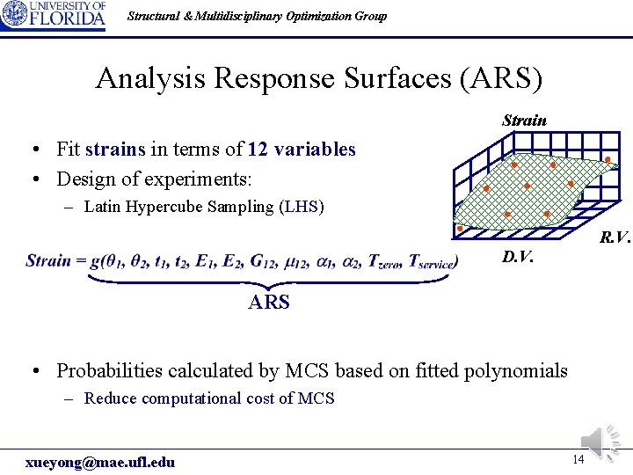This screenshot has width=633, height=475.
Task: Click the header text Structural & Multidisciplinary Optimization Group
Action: pyautogui.click(x=257, y=16)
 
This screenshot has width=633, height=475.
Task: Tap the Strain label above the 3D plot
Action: pyautogui.click(x=524, y=120)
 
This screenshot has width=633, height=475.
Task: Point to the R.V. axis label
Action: pyautogui.click(x=615, y=237)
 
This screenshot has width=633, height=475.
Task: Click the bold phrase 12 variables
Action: pyautogui.click(x=302, y=150)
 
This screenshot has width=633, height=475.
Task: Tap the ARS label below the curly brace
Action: pyautogui.click(x=269, y=303)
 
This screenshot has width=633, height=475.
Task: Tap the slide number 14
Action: pyautogui.click(x=578, y=459)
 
